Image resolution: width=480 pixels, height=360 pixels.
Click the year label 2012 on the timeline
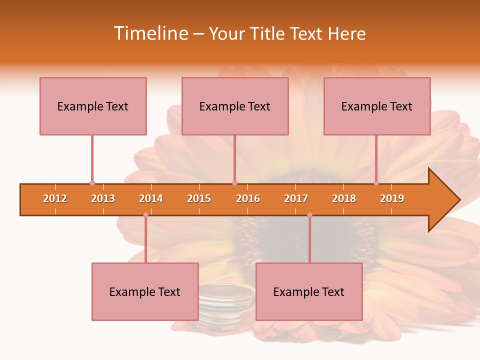pyautogui.click(x=55, y=198)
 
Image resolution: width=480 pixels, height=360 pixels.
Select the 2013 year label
pyautogui.click(x=103, y=198)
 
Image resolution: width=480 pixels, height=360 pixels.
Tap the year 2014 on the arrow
pyautogui.click(x=151, y=198)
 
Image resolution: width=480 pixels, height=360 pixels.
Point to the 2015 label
pyautogui.click(x=199, y=198)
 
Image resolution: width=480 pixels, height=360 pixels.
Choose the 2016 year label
pyautogui.click(x=248, y=198)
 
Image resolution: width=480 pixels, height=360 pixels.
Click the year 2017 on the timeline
pyautogui.click(x=296, y=198)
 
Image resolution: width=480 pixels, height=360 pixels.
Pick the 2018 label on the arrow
pyautogui.click(x=344, y=198)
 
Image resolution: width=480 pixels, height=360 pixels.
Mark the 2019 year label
pyautogui.click(x=392, y=198)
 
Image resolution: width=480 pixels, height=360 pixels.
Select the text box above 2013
pyautogui.click(x=93, y=106)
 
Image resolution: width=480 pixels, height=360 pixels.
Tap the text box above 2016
pyautogui.click(x=235, y=106)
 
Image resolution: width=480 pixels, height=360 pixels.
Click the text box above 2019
pyautogui.click(x=377, y=106)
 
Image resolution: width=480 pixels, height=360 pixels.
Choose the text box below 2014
pyautogui.click(x=145, y=291)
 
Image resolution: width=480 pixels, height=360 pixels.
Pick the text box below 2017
pyautogui.click(x=309, y=291)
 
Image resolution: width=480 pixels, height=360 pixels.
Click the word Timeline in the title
pyautogui.click(x=150, y=33)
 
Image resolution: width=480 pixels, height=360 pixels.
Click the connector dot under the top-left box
pyautogui.click(x=92, y=183)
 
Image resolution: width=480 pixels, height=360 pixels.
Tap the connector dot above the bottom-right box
pyautogui.click(x=309, y=215)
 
